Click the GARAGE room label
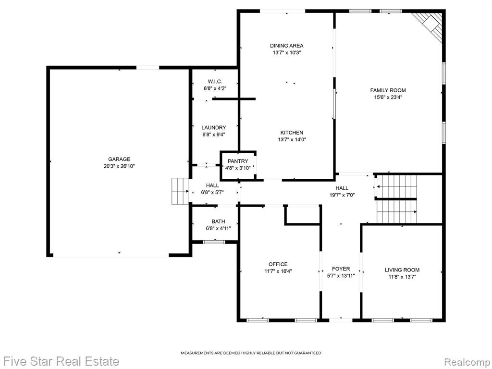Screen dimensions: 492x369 pos(119,159)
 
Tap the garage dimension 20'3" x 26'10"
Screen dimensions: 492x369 pos(119,166)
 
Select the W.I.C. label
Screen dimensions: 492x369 pos(215,82)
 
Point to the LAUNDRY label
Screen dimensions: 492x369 pos(214,127)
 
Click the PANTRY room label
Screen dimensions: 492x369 pos(238,161)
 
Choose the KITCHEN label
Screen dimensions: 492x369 pos(292,133)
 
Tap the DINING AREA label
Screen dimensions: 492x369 pos(287,46)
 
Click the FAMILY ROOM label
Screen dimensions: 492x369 pos(388,90)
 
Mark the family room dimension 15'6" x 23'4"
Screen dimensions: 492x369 pos(388,97)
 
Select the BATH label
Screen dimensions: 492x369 pos(219,221)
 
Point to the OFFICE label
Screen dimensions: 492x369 pos(278,264)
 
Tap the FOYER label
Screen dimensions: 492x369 pos(341,269)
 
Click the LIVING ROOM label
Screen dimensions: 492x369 pos(402,270)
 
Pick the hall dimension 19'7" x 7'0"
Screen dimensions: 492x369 pos(342,195)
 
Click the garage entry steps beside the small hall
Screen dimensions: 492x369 pos(180,191)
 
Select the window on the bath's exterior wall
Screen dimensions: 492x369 pos(214,242)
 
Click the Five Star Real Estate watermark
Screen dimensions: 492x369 pos(60,361)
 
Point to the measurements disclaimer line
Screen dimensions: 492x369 pos(251,353)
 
